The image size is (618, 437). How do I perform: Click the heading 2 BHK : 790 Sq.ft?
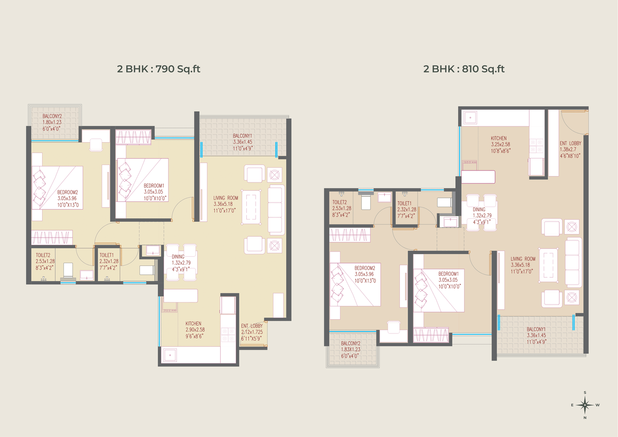pyautogui.click(x=159, y=69)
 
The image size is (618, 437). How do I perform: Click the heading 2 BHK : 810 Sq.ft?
pyautogui.click(x=464, y=69)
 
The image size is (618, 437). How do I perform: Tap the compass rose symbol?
pyautogui.click(x=585, y=405)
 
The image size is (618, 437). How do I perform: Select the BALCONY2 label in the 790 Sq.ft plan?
pyautogui.click(x=52, y=116)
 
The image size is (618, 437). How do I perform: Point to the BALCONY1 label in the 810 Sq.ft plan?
pyautogui.click(x=536, y=329)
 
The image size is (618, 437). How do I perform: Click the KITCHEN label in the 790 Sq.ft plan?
pyautogui.click(x=193, y=323)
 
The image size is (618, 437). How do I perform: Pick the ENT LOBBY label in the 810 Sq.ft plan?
pyautogui.click(x=570, y=144)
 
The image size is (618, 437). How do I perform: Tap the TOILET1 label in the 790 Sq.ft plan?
pyautogui.click(x=107, y=255)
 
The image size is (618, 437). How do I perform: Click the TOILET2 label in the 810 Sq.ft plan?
pyautogui.click(x=340, y=202)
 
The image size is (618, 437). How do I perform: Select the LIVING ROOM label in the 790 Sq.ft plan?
pyautogui.click(x=226, y=198)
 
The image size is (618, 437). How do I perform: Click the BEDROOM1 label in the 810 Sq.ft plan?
pyautogui.click(x=448, y=274)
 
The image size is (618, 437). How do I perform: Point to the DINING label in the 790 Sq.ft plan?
pyautogui.click(x=178, y=257)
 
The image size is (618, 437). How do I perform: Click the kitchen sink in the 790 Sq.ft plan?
pyautogui.click(x=170, y=355)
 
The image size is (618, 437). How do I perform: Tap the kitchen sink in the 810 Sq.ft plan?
pyautogui.click(x=470, y=117)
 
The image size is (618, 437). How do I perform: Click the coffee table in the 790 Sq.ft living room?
pyautogui.click(x=251, y=207)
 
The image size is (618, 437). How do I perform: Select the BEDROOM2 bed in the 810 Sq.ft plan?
pyautogui.click(x=355, y=285)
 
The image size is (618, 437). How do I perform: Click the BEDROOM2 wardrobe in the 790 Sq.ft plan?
pyautogui.click(x=52, y=238)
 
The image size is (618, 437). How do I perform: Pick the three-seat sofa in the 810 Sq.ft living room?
pyautogui.click(x=573, y=262)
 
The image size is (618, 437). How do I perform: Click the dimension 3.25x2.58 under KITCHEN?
pyautogui.click(x=500, y=145)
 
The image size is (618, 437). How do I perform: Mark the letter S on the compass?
pyautogui.click(x=585, y=393)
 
